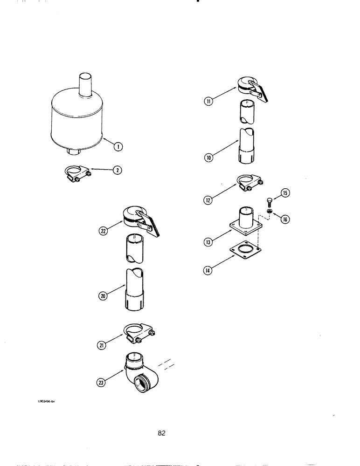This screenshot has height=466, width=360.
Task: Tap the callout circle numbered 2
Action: [x=118, y=170]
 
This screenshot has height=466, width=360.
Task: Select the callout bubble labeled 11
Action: [x=208, y=100]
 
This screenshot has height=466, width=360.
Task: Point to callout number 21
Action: [x=103, y=344]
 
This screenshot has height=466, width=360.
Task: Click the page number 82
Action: [x=161, y=433]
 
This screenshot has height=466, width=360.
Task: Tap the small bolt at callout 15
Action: [x=270, y=201]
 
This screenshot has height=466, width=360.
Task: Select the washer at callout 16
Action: [x=270, y=212]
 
